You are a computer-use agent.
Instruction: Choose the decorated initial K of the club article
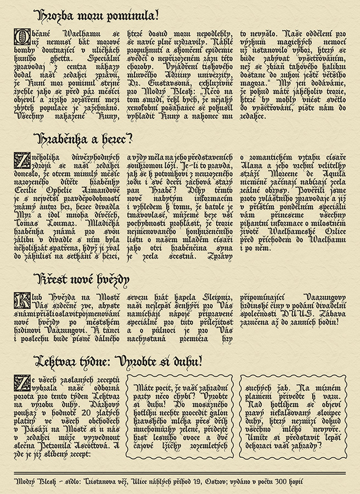[20, 299]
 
